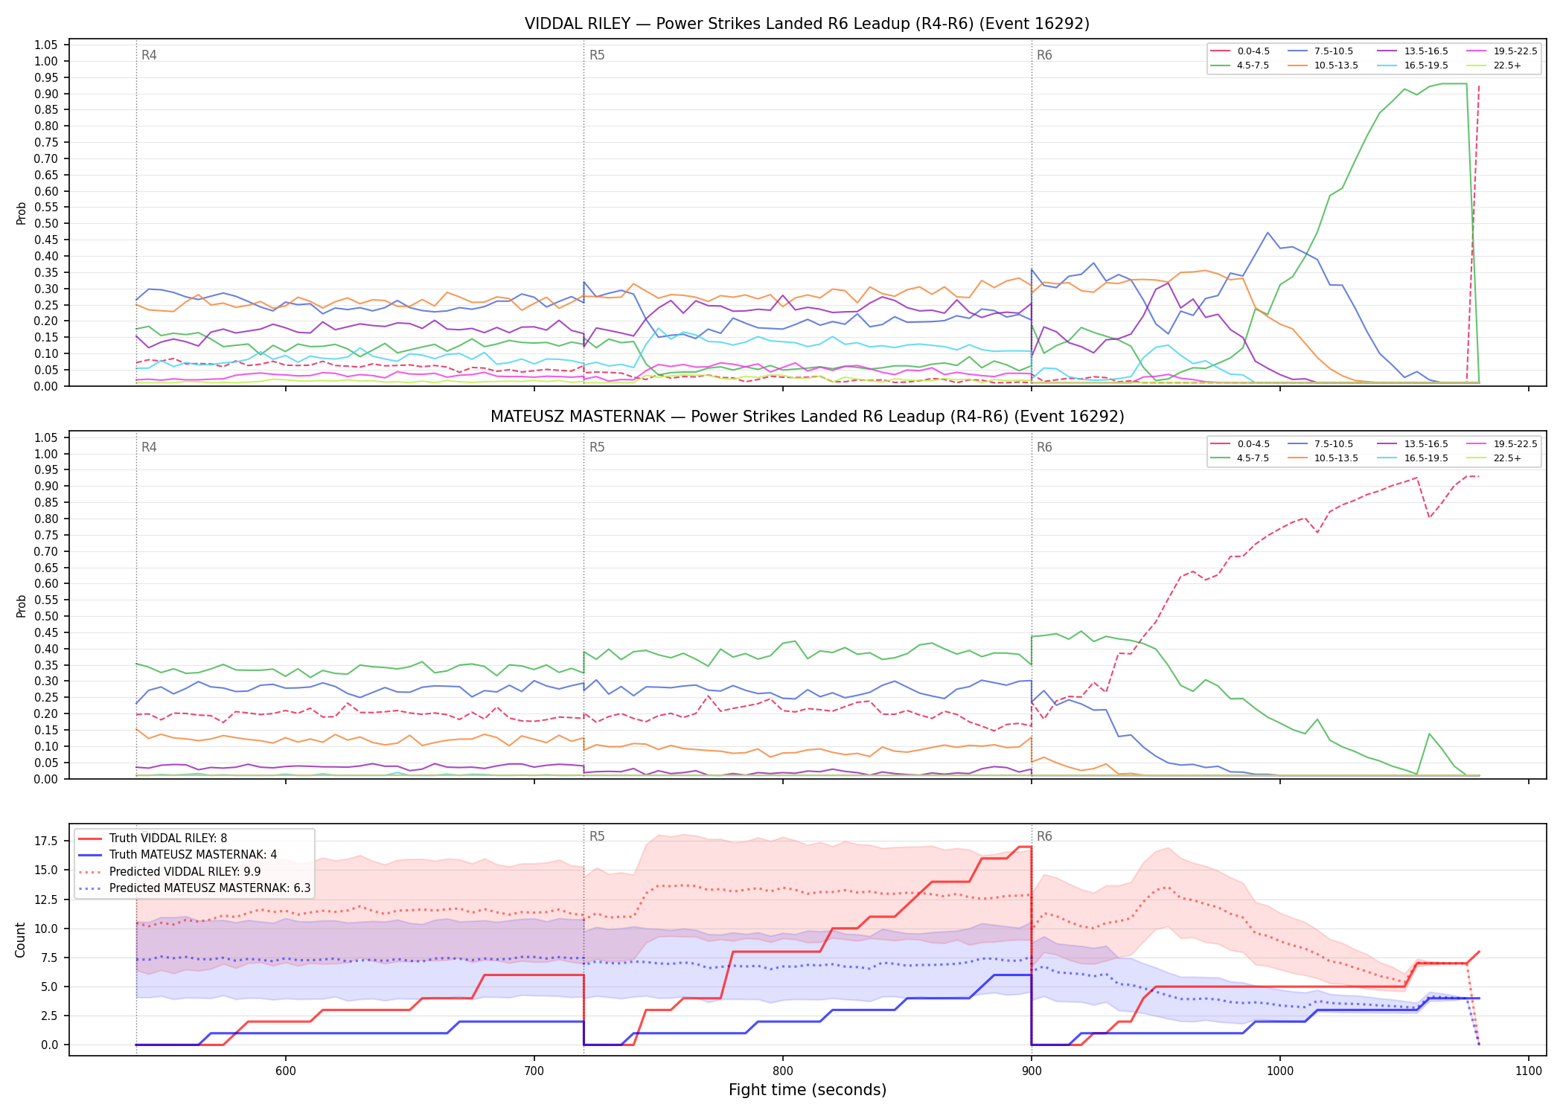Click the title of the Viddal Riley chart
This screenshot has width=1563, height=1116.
click(807, 24)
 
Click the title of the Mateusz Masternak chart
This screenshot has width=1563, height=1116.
click(807, 417)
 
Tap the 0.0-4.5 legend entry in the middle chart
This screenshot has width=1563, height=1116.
click(1240, 444)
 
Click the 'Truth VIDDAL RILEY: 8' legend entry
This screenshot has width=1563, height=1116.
click(153, 838)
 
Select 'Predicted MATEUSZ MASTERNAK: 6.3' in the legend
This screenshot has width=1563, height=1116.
click(194, 888)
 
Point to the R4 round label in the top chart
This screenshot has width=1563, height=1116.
click(149, 55)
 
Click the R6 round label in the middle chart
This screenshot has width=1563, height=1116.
click(1044, 447)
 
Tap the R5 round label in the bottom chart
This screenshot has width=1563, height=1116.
click(597, 836)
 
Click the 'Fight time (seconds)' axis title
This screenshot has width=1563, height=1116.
click(808, 1090)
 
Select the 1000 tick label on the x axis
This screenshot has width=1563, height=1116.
click(1280, 1071)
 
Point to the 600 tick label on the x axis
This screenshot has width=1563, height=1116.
click(286, 1071)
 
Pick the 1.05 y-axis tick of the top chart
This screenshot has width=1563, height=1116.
click(46, 45)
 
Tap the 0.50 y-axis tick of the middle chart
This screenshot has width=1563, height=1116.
click(46, 616)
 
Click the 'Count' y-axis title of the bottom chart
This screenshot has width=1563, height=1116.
click(20, 940)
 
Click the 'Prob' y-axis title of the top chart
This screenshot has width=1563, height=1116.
click(22, 213)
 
